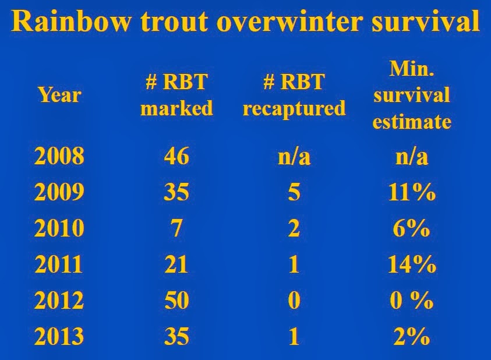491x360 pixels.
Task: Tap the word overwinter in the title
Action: coord(289,22)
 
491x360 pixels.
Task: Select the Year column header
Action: coord(59,95)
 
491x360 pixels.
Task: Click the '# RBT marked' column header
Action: coord(176,95)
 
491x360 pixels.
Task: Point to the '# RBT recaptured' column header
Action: coord(294,96)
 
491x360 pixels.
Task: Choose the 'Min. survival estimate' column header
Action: coord(412,95)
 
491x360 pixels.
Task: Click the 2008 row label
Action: coord(59,156)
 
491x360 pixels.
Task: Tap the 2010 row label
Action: coord(59,228)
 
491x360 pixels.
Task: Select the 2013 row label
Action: coord(59,336)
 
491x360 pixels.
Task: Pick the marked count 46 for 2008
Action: coord(176,156)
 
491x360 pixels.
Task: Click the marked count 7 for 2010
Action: coord(176,228)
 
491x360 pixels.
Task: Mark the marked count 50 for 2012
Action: coord(176,300)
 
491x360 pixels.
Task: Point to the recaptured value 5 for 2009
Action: coord(294,192)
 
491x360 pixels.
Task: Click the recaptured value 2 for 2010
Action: coord(294,228)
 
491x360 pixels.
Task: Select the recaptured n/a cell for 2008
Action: coord(294,156)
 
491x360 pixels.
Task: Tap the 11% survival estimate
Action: coord(412,192)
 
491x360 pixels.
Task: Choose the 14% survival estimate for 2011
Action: coord(412,264)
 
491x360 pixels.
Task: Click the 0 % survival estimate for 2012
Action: coord(412,300)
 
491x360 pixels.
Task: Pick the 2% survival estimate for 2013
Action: coord(412,336)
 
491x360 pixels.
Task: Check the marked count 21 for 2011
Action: coord(176,264)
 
